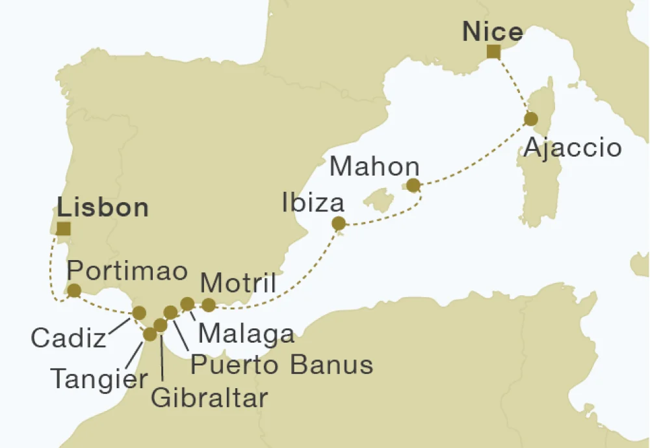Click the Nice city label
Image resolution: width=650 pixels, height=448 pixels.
click(x=493, y=32)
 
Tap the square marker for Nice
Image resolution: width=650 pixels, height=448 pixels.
click(x=493, y=53)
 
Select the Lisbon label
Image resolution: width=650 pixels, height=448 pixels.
click(x=103, y=208)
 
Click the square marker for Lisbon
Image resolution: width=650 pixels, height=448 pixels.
click(x=63, y=228)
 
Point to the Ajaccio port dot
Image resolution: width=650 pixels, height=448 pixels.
click(x=530, y=119)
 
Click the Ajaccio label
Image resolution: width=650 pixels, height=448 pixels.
click(x=573, y=148)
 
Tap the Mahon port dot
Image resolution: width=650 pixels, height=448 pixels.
click(x=413, y=186)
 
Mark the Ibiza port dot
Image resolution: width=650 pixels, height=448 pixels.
click(x=339, y=224)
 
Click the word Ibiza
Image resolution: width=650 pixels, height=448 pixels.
click(x=313, y=204)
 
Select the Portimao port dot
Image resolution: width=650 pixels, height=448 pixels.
click(x=74, y=291)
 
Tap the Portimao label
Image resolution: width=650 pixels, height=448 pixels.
click(x=127, y=269)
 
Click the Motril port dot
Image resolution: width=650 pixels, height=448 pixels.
click(x=209, y=304)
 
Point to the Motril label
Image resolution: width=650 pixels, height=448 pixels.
click(x=238, y=283)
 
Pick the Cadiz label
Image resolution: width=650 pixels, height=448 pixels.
click(x=68, y=338)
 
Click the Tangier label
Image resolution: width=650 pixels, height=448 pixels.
click(x=99, y=378)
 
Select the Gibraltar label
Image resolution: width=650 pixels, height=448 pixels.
click(x=209, y=397)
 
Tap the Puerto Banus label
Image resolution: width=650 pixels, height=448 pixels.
click(x=282, y=365)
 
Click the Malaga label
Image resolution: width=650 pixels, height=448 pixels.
click(x=246, y=334)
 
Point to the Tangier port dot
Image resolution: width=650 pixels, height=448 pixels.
click(x=149, y=334)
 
